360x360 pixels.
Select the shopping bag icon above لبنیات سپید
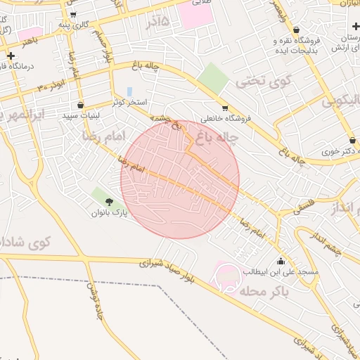tap(81, 105)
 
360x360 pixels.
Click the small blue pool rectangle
tap(130, 91)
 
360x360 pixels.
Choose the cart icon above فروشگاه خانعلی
tap(225, 108)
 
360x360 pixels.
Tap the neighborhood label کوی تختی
tap(253, 81)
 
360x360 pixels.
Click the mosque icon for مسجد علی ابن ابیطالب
tap(281, 262)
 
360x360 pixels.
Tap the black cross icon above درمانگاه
tap(11, 56)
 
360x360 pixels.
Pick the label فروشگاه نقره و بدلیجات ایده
tap(296, 46)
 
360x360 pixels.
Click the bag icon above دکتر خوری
tap(352, 141)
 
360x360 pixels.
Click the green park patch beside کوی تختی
tap(212, 78)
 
